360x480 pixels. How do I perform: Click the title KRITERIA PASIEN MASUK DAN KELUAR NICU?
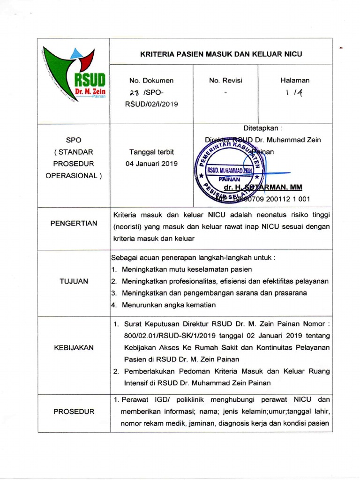pyautogui.click(x=221, y=54)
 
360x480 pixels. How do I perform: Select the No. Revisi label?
pyautogui.click(x=225, y=80)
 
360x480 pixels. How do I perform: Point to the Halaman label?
pyautogui.click(x=295, y=80)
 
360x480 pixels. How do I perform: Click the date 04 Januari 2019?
pyautogui.click(x=152, y=164)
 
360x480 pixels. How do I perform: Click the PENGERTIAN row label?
pyautogui.click(x=74, y=223)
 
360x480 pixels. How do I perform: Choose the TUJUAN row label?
pyautogui.click(x=74, y=281)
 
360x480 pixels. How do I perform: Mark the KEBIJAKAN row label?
pyautogui.click(x=74, y=347)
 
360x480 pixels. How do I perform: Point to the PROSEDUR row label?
pyautogui.click(x=74, y=412)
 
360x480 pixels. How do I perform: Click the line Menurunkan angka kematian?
pyautogui.click(x=169, y=305)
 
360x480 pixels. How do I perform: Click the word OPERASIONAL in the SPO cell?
pyautogui.click(x=74, y=175)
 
